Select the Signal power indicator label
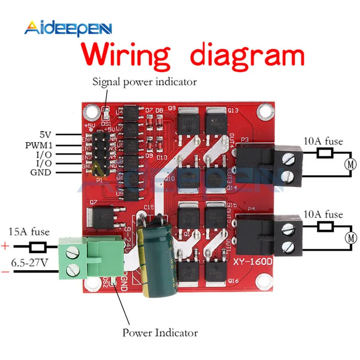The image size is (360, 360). click(144, 82)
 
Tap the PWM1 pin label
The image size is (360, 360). click(43, 145)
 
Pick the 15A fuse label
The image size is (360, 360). click(29, 232)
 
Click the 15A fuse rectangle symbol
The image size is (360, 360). click(37, 247)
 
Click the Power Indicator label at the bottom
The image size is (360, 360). click(160, 333)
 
